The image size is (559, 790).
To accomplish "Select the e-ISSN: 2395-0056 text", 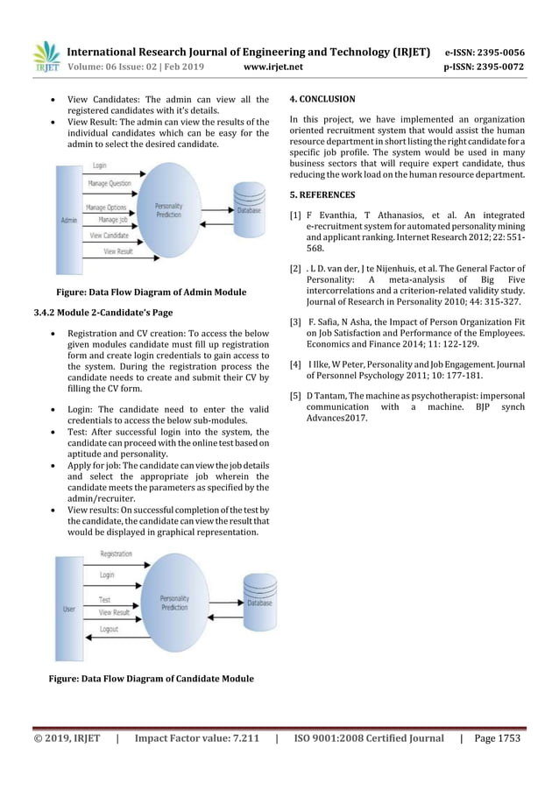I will point(485,51).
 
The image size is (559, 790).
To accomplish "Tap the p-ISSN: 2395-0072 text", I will point(485,65).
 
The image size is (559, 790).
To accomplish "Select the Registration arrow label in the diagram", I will point(116,554).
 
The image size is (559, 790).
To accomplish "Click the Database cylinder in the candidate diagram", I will point(258,598).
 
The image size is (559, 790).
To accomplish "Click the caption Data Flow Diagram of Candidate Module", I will point(151,679).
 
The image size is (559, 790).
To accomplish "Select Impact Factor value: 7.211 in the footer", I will point(195,739).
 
